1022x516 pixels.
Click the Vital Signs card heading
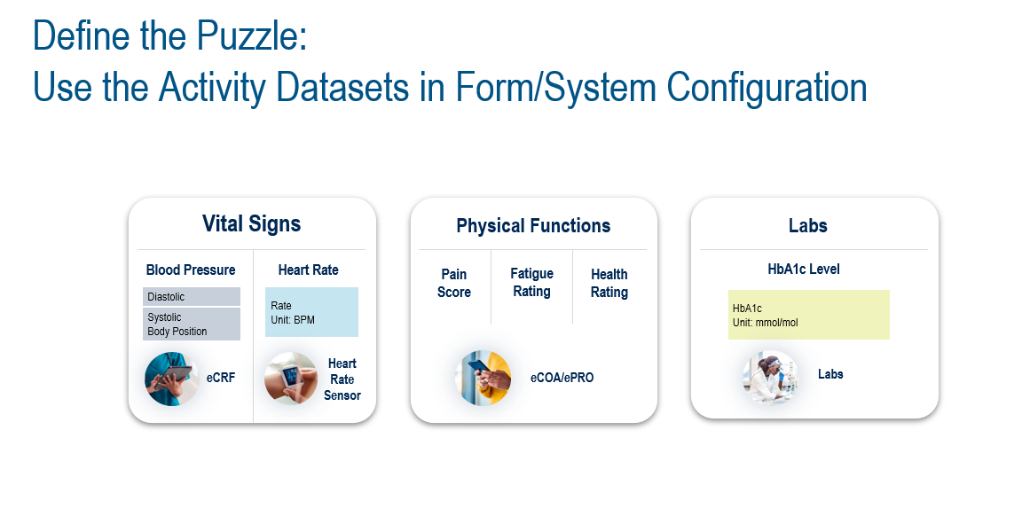(252, 223)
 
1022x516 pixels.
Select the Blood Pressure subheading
(191, 270)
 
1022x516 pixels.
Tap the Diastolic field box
(192, 296)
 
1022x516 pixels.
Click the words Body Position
(177, 331)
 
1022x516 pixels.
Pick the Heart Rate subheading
(309, 270)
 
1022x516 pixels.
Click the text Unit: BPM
(293, 320)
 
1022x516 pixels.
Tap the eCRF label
(220, 377)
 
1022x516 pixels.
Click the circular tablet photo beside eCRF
(172, 379)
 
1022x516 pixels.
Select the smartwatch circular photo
(291, 379)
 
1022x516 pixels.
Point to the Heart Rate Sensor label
(342, 379)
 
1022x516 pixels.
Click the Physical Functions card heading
(533, 225)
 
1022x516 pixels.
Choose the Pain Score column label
(453, 283)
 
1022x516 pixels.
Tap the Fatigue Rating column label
(532, 282)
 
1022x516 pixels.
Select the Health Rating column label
(609, 283)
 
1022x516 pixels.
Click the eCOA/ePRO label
(562, 377)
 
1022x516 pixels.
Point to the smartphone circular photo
(483, 378)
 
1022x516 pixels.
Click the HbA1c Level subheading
(804, 269)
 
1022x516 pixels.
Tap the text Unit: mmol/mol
(766, 323)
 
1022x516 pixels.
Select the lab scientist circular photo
(770, 377)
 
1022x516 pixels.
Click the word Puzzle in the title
(252, 36)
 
